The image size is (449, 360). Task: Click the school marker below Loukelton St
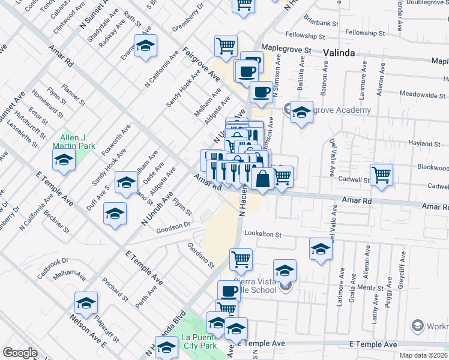321,248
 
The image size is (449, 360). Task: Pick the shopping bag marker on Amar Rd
263,178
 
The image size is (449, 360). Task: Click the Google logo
20,353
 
